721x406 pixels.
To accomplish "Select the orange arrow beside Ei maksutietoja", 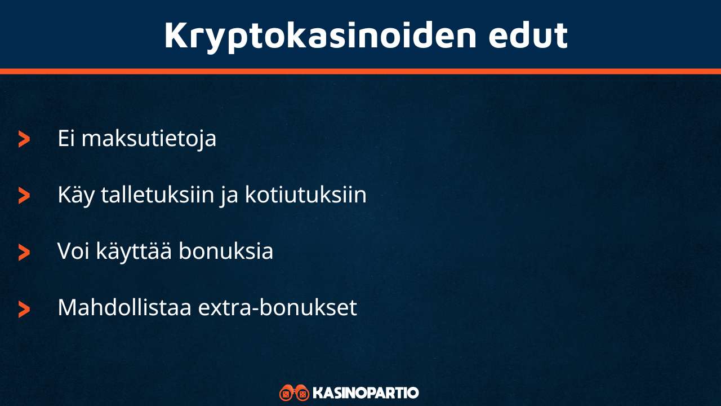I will pos(24,139).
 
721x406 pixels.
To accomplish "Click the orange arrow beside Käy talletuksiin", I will pos(24,196).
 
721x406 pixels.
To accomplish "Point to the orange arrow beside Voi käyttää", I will pos(24,252).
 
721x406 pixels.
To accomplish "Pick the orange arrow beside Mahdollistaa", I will pos(24,309).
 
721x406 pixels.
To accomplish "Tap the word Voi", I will pos(74,251).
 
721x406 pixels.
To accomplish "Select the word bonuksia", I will pos(226,251).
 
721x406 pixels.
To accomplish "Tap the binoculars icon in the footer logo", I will pos(294,392).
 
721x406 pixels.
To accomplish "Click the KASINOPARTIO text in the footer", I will pos(366,392).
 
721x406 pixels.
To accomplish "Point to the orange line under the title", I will pos(360,71).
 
